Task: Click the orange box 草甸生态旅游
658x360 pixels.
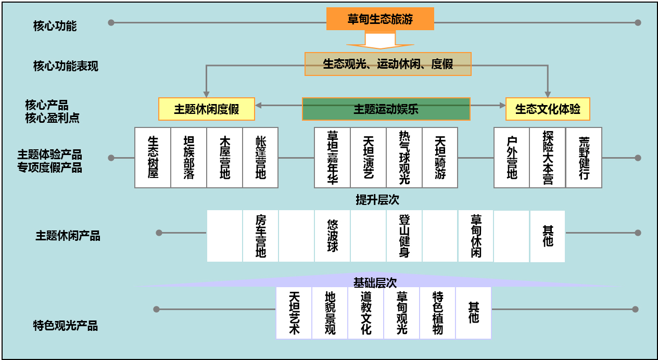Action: (380, 19)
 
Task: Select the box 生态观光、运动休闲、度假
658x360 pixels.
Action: (388, 64)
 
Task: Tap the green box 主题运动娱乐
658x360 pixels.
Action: (386, 109)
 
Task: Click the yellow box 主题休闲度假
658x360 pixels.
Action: (206, 109)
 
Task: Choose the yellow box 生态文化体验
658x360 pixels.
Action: (548, 109)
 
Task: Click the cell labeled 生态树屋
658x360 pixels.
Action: (153, 157)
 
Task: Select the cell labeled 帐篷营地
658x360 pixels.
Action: (260, 157)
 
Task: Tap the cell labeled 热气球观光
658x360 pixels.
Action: (404, 157)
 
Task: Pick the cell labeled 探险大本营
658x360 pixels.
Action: (548, 157)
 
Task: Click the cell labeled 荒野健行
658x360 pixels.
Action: (584, 157)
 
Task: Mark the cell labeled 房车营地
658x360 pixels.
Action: (260, 236)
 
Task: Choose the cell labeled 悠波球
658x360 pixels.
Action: (332, 236)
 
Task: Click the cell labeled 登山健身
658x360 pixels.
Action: (404, 236)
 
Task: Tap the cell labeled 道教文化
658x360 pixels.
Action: (366, 313)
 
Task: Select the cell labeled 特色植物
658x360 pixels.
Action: (438, 313)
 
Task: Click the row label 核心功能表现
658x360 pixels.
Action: (66, 66)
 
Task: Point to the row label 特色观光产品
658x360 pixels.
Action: (66, 326)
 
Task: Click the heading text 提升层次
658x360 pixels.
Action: (377, 200)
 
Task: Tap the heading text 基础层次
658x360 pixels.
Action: (375, 282)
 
